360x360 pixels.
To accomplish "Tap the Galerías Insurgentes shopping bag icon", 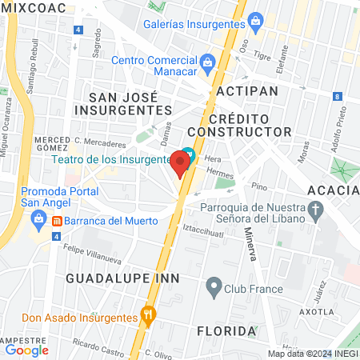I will pos(256,20).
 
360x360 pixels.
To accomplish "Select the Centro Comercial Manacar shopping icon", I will pos(206,61).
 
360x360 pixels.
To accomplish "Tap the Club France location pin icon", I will pos(213,286).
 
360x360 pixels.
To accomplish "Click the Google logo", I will pos(26,350).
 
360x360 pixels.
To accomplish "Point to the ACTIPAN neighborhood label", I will pos(247,90).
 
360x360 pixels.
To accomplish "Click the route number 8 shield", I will pos(338,97).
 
